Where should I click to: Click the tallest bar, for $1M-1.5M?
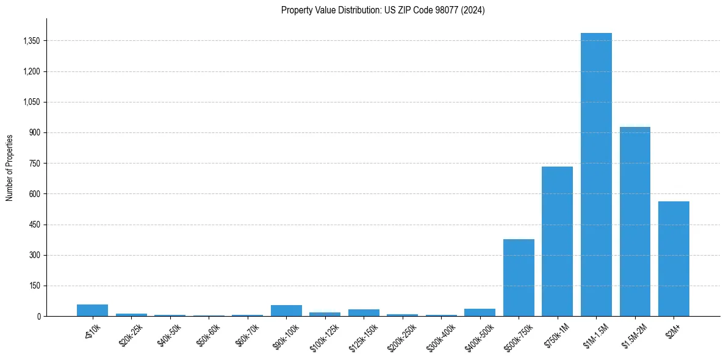pos(596,175)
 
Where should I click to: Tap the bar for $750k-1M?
pos(557,241)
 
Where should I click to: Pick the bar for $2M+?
pos(674,259)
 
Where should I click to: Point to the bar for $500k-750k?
pos(519,278)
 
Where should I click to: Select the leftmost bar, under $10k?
pos(92,310)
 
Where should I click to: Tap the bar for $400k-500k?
pos(480,312)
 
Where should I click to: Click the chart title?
pos(383,10)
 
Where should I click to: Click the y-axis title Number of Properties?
pos(10,168)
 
